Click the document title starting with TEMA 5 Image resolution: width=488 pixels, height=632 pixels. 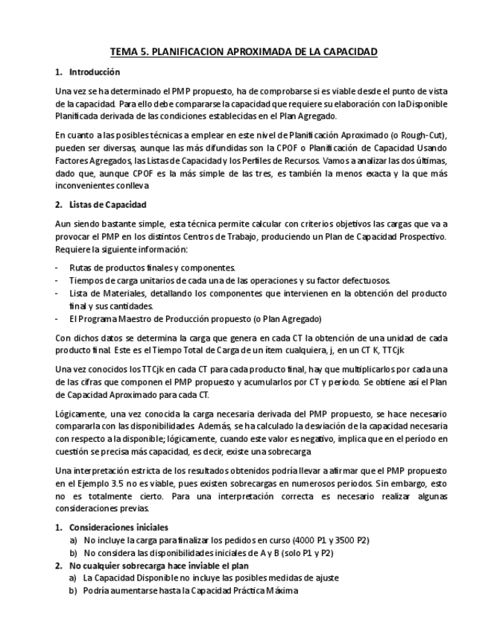click(244, 51)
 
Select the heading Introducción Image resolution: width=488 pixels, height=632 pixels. click(94, 72)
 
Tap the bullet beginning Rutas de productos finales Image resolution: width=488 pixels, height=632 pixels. click(152, 268)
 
